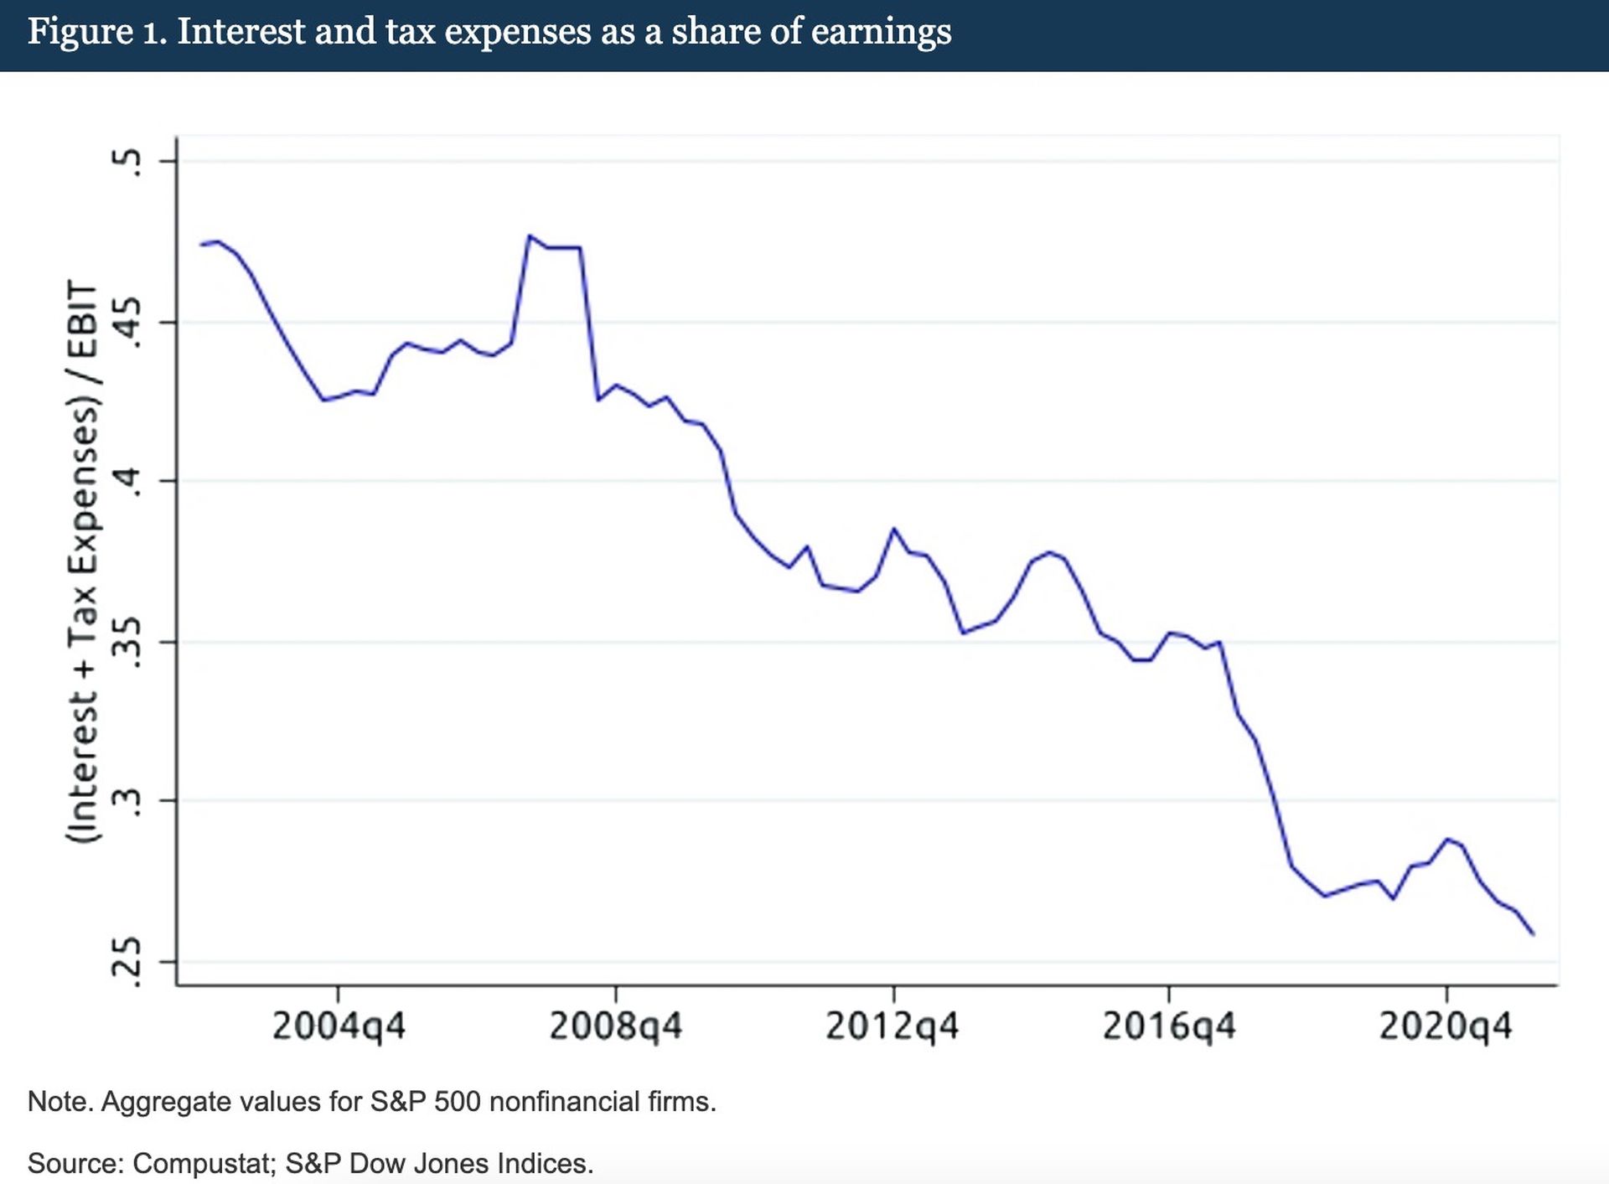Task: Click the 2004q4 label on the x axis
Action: click(x=339, y=1026)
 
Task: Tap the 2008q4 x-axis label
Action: click(x=615, y=1026)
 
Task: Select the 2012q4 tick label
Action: click(x=892, y=1026)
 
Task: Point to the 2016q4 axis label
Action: click(x=1168, y=1026)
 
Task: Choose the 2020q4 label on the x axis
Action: click(x=1445, y=1026)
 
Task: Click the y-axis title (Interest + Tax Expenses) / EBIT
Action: click(x=83, y=561)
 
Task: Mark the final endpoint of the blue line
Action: click(x=1533, y=933)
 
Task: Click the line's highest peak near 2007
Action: click(x=529, y=236)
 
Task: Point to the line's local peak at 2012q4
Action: click(x=894, y=529)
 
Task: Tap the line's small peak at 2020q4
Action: click(x=1446, y=839)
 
